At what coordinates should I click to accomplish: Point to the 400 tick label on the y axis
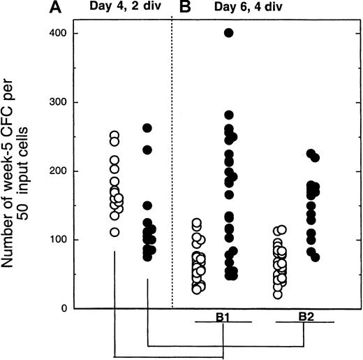(52, 33)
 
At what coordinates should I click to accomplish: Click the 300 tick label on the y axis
(52, 102)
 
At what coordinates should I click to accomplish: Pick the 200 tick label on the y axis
(52, 171)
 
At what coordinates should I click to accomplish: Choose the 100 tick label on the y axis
(52, 240)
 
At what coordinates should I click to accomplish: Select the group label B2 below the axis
(305, 316)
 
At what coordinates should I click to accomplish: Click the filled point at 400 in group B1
(229, 33)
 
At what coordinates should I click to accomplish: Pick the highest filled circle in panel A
(147, 128)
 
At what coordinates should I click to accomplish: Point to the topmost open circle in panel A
(114, 136)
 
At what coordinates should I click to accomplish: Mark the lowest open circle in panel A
(114, 232)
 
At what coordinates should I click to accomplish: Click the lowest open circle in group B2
(279, 294)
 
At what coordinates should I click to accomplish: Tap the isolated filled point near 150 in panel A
(147, 206)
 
